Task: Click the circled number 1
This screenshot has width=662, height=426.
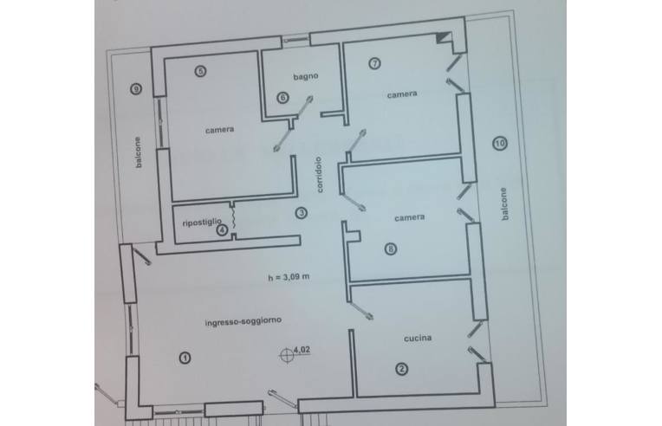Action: tap(185, 358)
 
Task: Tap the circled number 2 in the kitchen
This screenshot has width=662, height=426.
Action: tap(401, 369)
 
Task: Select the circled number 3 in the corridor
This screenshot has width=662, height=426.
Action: tap(301, 213)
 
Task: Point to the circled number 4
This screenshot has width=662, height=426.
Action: tap(222, 230)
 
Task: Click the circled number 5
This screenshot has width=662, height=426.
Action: tap(200, 71)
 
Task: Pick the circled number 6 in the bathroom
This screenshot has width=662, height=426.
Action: tap(282, 98)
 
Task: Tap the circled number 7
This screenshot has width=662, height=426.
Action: tap(374, 63)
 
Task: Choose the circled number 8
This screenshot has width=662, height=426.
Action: tap(391, 248)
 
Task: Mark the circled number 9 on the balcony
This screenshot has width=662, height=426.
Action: tap(135, 89)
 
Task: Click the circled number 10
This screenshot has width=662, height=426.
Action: tap(500, 144)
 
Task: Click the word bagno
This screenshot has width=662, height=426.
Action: tap(306, 76)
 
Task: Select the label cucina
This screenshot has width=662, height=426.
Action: tap(418, 338)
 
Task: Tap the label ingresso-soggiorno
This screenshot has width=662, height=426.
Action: tap(243, 321)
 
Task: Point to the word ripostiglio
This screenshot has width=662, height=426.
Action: tap(202, 222)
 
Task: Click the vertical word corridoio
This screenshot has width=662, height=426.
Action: tap(319, 175)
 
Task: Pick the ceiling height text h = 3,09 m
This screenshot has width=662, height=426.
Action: tap(289, 277)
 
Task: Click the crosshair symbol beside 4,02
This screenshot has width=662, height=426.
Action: tap(287, 355)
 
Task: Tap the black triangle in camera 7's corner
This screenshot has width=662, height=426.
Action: tap(443, 37)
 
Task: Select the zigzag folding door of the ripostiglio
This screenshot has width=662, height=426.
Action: tap(233, 220)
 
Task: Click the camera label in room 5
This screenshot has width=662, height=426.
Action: tap(219, 130)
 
